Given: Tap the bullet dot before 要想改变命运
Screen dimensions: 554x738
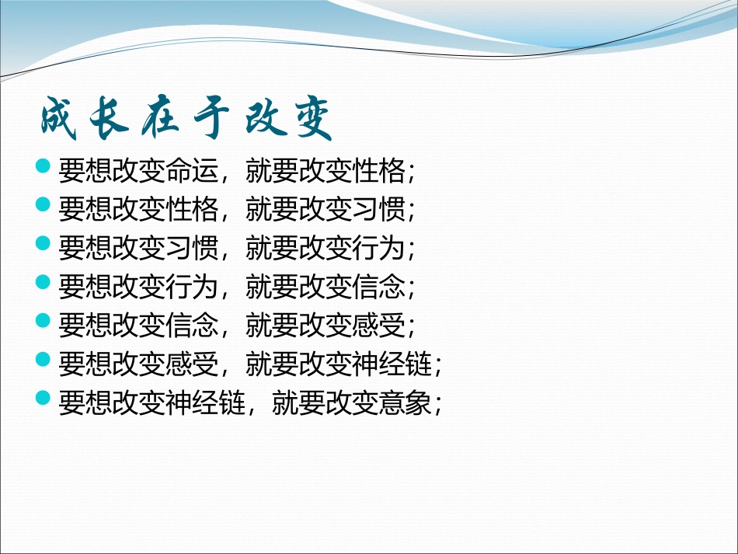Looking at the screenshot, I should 44,166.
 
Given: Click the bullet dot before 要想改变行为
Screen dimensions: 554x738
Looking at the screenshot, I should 44,284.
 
